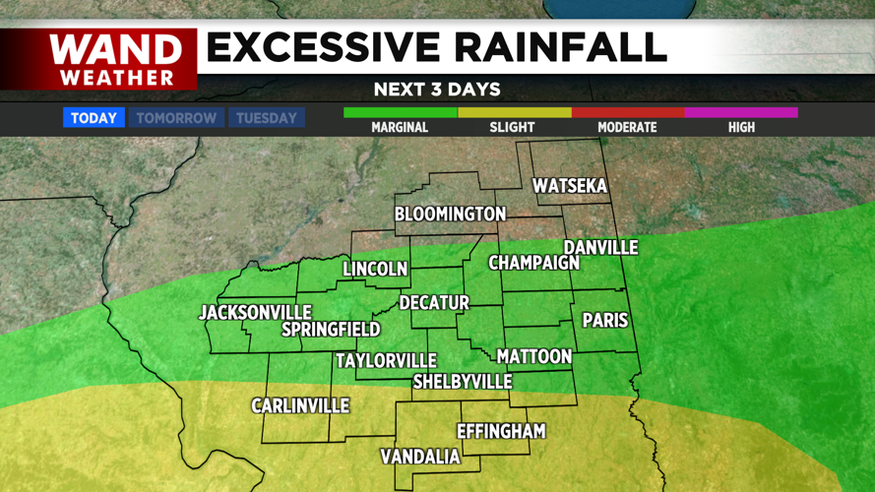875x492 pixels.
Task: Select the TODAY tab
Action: click(94, 118)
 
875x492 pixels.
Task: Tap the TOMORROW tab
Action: click(176, 118)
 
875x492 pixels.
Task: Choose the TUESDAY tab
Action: click(266, 118)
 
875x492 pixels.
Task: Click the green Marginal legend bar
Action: click(400, 113)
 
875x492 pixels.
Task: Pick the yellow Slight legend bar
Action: click(514, 113)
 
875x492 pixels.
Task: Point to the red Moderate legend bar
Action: click(627, 113)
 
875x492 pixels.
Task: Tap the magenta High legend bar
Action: click(741, 113)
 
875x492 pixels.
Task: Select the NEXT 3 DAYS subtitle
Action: click(437, 90)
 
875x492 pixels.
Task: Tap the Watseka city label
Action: click(570, 186)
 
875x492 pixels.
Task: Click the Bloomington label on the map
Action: click(450, 214)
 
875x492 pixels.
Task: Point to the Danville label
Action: click(600, 248)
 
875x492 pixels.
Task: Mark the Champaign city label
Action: click(534, 264)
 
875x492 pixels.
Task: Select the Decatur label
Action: click(434, 303)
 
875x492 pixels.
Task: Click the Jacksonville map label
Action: click(255, 313)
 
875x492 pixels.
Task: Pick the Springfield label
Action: click(331, 330)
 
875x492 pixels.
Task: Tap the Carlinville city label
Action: click(300, 405)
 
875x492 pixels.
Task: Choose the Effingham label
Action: click(501, 431)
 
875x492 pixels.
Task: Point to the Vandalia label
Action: click(420, 457)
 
